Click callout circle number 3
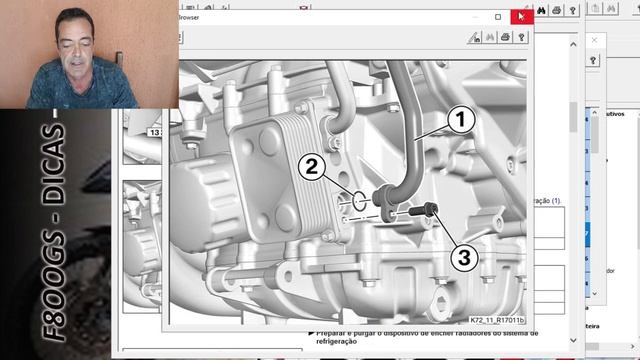pyautogui.click(x=462, y=257)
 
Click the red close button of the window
pyautogui.click(x=521, y=17)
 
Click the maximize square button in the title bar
pyautogui.click(x=498, y=17)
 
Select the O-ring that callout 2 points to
pyautogui.click(x=357, y=204)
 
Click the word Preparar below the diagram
pyautogui.click(x=342, y=332)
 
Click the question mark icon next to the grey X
pyautogui.click(x=593, y=61)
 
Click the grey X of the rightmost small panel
pyautogui.click(x=593, y=40)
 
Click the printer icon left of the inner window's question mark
pyautogui.click(x=505, y=37)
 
